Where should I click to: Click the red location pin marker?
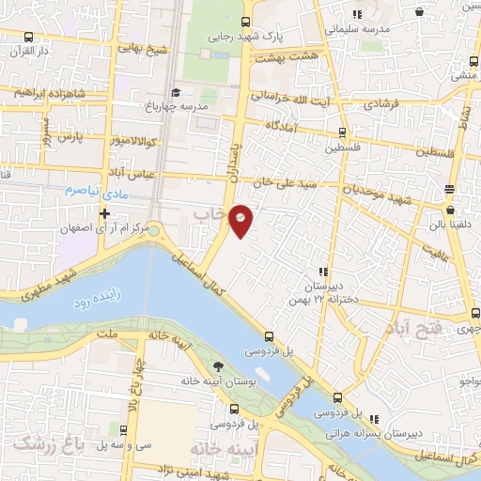point(241,219)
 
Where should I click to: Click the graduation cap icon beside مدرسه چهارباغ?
point(177,93)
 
